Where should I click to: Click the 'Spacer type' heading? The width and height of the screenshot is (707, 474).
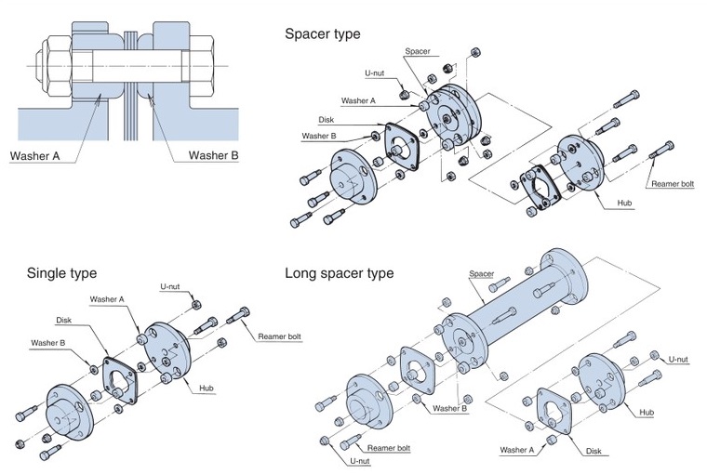(322, 33)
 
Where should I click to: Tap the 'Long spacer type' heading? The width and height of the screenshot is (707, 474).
(339, 273)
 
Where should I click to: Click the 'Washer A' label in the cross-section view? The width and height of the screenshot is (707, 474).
(36, 155)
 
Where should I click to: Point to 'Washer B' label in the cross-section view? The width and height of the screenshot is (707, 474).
(213, 155)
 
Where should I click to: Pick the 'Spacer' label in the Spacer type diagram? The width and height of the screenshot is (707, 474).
(418, 51)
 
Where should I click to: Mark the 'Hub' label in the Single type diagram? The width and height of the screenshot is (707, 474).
(207, 388)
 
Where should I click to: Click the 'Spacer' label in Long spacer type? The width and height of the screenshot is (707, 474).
(481, 274)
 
